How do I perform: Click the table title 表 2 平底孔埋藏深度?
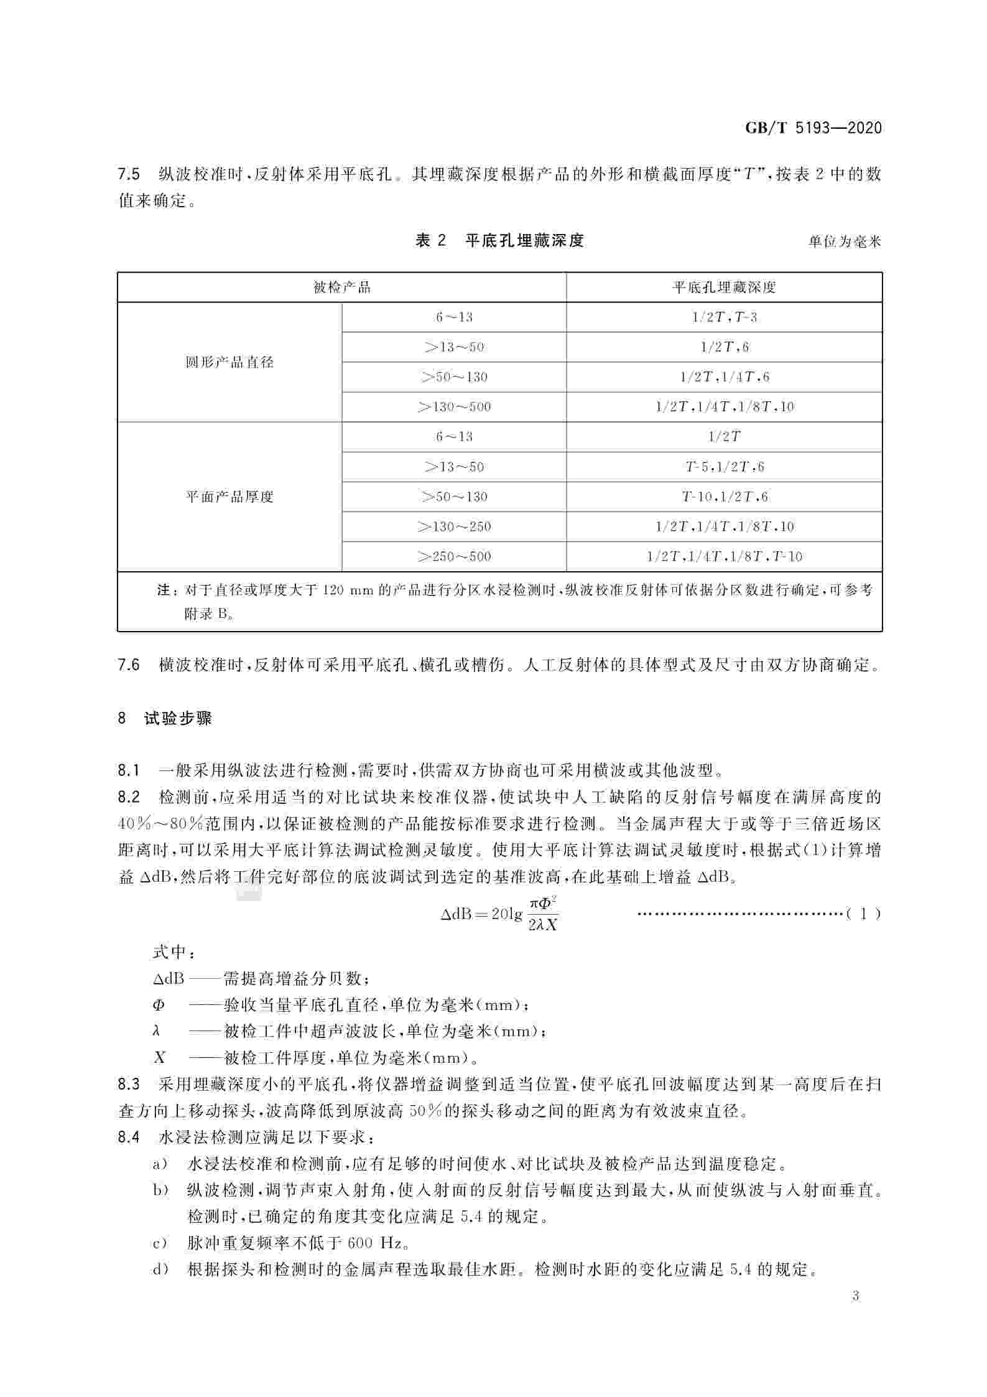click(499, 241)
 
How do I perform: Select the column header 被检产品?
click(341, 287)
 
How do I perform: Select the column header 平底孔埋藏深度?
click(724, 287)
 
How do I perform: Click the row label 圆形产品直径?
click(229, 362)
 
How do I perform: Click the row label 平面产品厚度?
click(229, 497)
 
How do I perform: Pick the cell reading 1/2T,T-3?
click(725, 317)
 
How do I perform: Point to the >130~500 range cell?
click(454, 407)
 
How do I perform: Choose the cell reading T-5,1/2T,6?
click(725, 467)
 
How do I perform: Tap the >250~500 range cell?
click(454, 556)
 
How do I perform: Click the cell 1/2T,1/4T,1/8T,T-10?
click(725, 556)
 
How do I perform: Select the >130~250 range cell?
click(454, 526)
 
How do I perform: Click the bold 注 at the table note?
click(163, 590)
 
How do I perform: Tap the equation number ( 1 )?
click(863, 913)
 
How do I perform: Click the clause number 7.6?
click(129, 665)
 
